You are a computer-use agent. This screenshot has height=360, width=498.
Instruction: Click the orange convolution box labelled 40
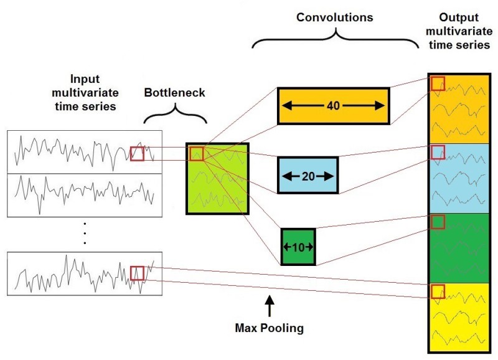[x=333, y=106]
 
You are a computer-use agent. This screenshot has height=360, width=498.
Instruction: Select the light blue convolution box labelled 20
[x=308, y=175]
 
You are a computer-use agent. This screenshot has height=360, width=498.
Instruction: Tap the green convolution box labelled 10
[x=298, y=247]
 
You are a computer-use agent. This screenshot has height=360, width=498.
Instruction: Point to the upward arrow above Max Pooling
[x=270, y=306]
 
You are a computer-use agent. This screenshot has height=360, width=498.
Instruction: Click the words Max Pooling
[x=270, y=327]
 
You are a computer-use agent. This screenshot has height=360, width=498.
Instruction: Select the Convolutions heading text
[x=334, y=17]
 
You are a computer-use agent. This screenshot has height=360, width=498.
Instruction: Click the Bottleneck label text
[x=174, y=93]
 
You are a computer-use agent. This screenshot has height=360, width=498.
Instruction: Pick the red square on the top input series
[x=137, y=153]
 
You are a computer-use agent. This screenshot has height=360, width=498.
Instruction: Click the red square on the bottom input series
[x=137, y=273]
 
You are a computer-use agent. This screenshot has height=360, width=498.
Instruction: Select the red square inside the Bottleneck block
[x=197, y=153]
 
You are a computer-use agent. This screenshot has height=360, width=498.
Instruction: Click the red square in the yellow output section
[x=438, y=291]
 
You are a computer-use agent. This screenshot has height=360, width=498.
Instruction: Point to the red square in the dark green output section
[x=438, y=222]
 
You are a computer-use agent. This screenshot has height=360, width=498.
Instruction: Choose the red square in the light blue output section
[x=438, y=152]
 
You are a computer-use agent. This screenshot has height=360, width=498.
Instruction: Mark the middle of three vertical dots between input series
[x=84, y=232]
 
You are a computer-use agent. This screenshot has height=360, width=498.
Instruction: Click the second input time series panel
[x=85, y=195]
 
